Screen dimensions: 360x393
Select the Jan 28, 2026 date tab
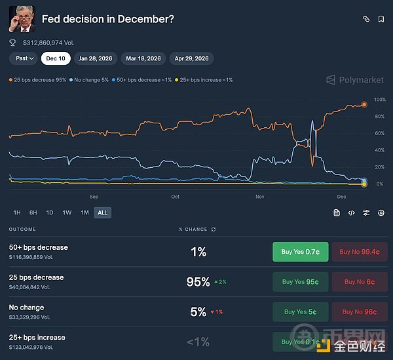pos(96,58)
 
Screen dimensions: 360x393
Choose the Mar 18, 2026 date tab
pos(143,58)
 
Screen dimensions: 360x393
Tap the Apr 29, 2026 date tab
pos(191,58)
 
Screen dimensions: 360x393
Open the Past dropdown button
pos(24,58)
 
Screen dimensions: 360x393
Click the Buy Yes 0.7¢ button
pos(301,252)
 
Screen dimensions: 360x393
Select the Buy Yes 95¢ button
pos(301,282)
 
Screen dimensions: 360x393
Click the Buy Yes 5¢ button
pos(301,312)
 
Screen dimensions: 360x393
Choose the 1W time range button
pos(67,212)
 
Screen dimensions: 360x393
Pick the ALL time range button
pos(102,212)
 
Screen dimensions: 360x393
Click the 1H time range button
pos(17,212)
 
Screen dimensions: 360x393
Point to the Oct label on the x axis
pos(175,196)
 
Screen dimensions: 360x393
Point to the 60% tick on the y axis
pos(379,133)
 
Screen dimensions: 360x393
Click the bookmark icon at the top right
pos(381,19)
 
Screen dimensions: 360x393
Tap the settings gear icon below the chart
pos(381,212)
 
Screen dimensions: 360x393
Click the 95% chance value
pos(198,282)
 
